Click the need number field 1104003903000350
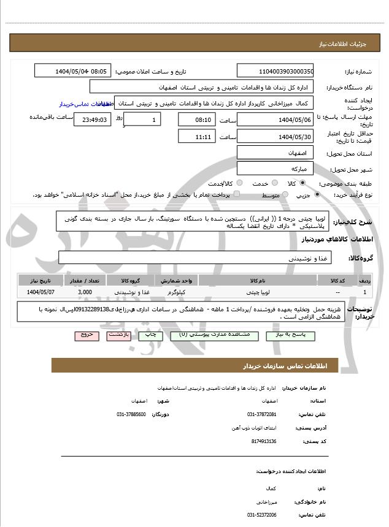tap(275, 71)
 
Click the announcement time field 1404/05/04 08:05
tap(72, 71)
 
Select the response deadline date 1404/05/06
tap(275, 119)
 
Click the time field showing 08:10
tap(197, 119)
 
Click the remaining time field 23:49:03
tap(93, 120)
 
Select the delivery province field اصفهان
tap(275, 152)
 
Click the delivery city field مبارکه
tap(275, 169)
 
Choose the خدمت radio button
tap(274, 183)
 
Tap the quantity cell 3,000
tap(85, 292)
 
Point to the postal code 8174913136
tap(264, 441)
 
